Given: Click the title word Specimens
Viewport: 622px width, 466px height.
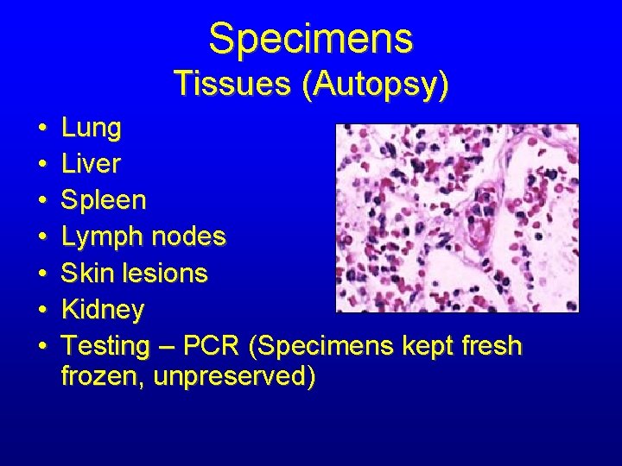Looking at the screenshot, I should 311,38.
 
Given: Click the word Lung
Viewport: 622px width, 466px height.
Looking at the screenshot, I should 92,129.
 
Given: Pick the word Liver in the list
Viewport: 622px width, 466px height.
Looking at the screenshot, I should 92,164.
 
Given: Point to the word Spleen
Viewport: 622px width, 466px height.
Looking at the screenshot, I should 105,200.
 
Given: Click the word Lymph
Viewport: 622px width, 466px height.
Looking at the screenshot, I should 102,236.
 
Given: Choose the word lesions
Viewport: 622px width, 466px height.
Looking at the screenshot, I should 165,273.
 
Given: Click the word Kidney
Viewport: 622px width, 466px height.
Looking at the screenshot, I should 104,309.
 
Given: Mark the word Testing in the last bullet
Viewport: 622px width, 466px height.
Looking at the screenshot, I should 107,346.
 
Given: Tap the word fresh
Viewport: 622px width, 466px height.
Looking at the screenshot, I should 492,346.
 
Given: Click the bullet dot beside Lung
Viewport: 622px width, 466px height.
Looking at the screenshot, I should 42,129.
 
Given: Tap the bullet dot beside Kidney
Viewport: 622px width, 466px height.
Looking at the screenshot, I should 42,310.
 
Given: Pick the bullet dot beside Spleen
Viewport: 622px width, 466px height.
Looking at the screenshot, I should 42,201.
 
